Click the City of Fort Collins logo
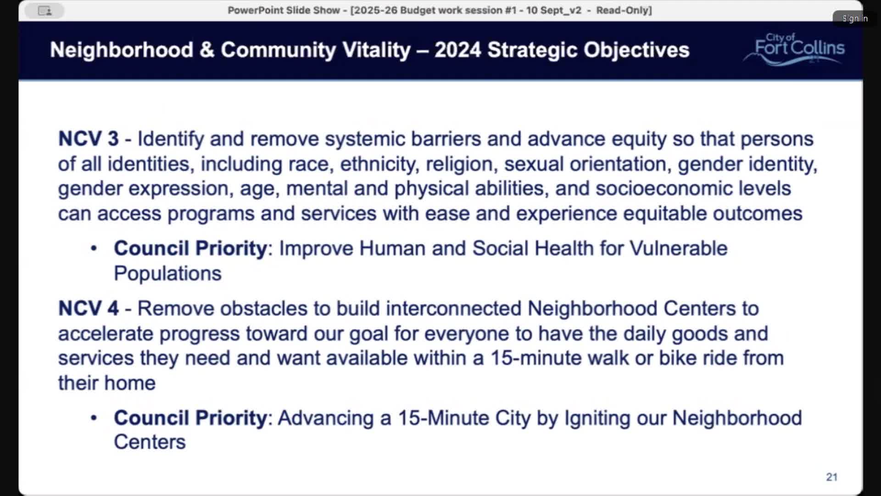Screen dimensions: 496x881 click(x=797, y=49)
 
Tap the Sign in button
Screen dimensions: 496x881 click(x=854, y=18)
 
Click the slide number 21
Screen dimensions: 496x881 click(x=831, y=477)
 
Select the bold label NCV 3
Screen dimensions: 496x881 click(x=88, y=139)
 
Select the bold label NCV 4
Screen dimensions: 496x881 click(x=88, y=308)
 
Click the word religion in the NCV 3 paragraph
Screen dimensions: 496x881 click(x=461, y=164)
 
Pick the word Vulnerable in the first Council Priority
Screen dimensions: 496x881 click(x=678, y=248)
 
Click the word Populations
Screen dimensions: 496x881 click(x=167, y=274)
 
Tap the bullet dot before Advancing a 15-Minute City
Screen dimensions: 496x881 click(x=94, y=418)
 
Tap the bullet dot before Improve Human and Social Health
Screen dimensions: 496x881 click(x=94, y=248)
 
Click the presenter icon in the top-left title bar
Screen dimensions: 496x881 click(x=45, y=11)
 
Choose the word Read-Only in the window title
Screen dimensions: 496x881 click(x=623, y=10)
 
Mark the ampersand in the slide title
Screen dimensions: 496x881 click(x=207, y=50)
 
